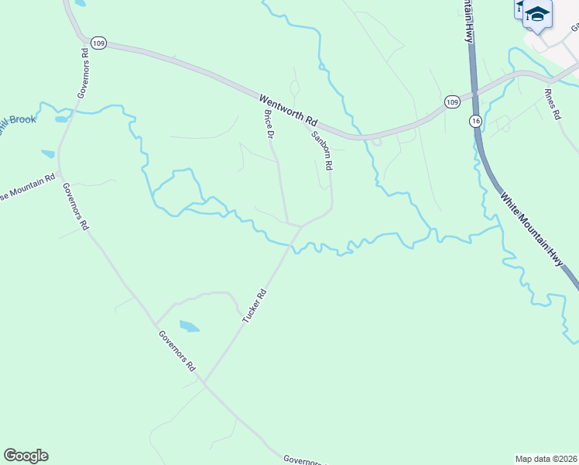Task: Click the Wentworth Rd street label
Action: [289, 111]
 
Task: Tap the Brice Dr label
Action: [269, 124]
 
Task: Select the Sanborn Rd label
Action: [322, 150]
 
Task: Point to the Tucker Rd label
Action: [254, 306]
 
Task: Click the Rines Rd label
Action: [552, 104]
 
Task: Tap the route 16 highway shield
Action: [475, 121]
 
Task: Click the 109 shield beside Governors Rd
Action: [97, 44]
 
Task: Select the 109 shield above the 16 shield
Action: [453, 102]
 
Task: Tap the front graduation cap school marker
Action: [537, 15]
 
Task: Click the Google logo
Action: [26, 456]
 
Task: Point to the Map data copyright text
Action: [546, 458]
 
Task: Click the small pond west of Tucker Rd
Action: [189, 326]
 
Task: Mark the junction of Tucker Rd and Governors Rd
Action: [204, 382]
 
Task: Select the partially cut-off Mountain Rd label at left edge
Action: [28, 185]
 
